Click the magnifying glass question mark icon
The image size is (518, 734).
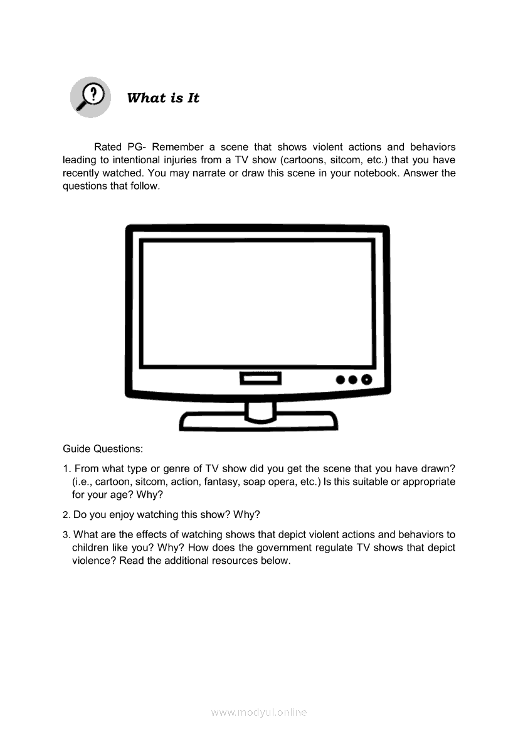click(90, 97)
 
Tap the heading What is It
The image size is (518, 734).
click(163, 98)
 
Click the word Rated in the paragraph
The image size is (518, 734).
click(107, 147)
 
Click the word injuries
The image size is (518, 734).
click(189, 160)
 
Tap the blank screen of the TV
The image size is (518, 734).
click(256, 303)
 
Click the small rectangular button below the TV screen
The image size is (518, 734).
click(260, 379)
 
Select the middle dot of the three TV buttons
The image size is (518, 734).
click(352, 380)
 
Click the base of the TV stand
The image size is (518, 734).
click(258, 420)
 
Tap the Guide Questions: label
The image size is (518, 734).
click(103, 449)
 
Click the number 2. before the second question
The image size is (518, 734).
click(66, 515)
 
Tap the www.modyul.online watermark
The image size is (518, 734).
click(259, 712)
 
